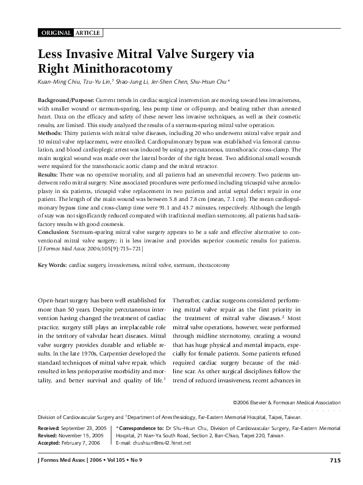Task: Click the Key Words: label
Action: click(x=52, y=266)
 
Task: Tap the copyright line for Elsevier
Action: click(x=287, y=402)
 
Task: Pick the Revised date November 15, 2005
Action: click(x=81, y=436)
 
